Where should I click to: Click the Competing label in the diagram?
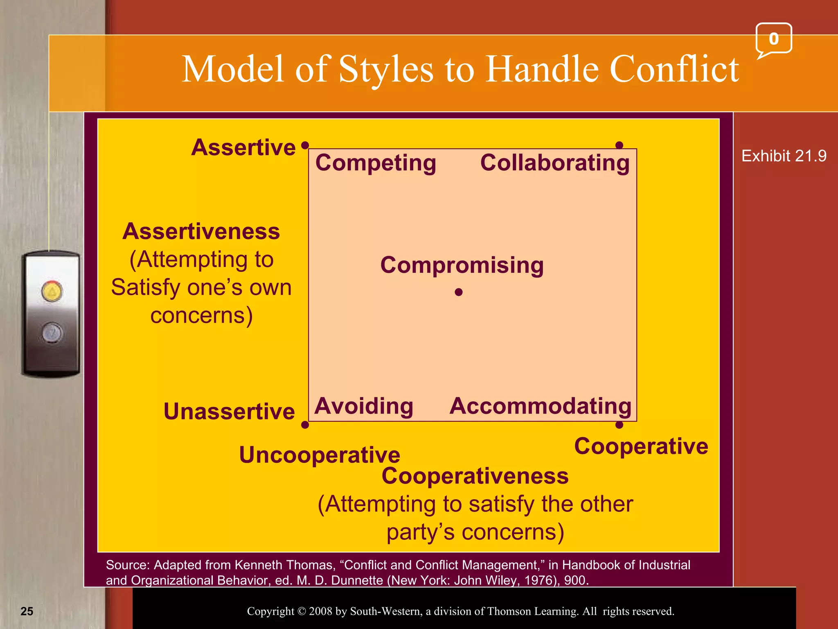tap(376, 163)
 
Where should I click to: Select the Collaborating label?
tap(555, 163)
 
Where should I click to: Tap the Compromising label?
tap(462, 265)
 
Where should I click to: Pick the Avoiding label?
tap(364, 406)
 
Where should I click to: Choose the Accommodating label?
tap(541, 406)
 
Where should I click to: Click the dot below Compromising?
tap(459, 292)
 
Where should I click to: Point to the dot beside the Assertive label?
tap(305, 145)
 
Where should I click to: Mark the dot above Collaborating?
tap(619, 145)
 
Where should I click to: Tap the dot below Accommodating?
tap(619, 425)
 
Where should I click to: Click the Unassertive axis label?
tap(229, 412)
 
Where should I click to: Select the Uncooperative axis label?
tap(320, 455)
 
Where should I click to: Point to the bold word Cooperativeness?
tap(475, 476)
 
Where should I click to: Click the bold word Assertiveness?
tap(201, 231)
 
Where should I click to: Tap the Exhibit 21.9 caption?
tap(784, 156)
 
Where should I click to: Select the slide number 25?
tap(27, 611)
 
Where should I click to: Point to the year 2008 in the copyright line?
tap(321, 611)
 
